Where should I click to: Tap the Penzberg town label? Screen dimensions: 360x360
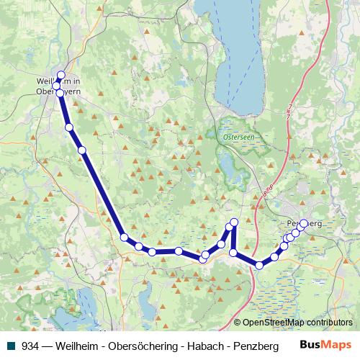[x=302, y=224]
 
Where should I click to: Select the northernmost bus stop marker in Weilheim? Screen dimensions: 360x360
[x=60, y=75]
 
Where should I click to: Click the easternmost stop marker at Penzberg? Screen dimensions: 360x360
[x=304, y=224]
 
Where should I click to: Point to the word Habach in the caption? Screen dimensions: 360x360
[x=198, y=345]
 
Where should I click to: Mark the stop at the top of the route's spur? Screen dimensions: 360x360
[x=234, y=222]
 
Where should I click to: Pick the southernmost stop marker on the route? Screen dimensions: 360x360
[x=259, y=266]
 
